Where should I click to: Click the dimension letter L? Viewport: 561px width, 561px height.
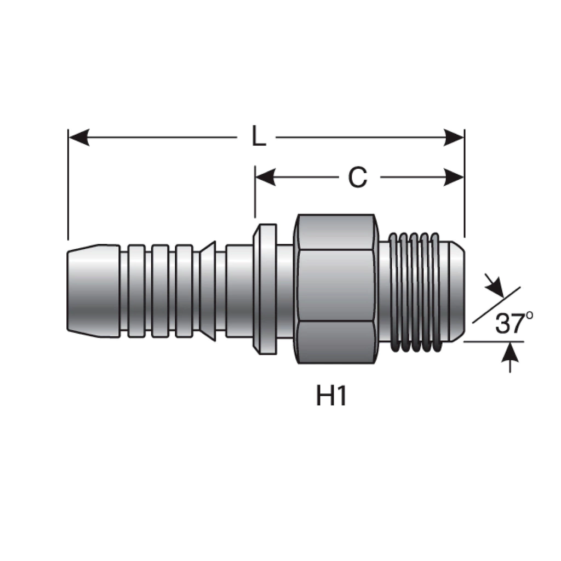[259, 136]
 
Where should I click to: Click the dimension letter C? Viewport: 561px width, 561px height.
[357, 178]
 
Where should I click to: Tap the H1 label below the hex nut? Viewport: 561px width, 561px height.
[331, 396]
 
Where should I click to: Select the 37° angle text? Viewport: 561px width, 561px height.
[514, 323]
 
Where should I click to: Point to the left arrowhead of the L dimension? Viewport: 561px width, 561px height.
[79, 138]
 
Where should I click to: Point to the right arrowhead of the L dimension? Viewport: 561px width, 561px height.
[454, 138]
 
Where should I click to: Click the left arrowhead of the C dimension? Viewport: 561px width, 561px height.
[266, 178]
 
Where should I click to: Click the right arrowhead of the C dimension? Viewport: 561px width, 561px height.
[454, 178]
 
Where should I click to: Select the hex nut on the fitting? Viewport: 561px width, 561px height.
[335, 289]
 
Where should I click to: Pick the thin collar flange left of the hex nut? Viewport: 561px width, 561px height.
[265, 289]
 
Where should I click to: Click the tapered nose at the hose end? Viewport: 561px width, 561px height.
[93, 291]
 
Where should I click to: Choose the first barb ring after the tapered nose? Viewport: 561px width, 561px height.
[136, 291]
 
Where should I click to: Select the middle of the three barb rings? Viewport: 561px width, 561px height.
[160, 291]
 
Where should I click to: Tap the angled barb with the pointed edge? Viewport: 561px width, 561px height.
[208, 291]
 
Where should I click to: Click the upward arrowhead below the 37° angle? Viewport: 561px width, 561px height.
[510, 351]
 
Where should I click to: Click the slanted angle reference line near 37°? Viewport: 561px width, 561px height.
[496, 305]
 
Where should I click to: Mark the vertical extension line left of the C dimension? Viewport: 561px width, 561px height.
[255, 192]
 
